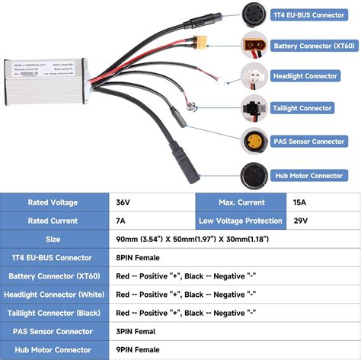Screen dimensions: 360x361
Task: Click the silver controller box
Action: tap(47, 85)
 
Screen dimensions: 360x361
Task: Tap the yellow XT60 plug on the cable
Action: tap(201, 42)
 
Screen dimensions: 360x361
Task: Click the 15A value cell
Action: tap(320, 202)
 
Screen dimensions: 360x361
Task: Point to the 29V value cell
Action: tap(320, 221)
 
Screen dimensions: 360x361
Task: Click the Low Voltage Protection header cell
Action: tap(240, 221)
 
